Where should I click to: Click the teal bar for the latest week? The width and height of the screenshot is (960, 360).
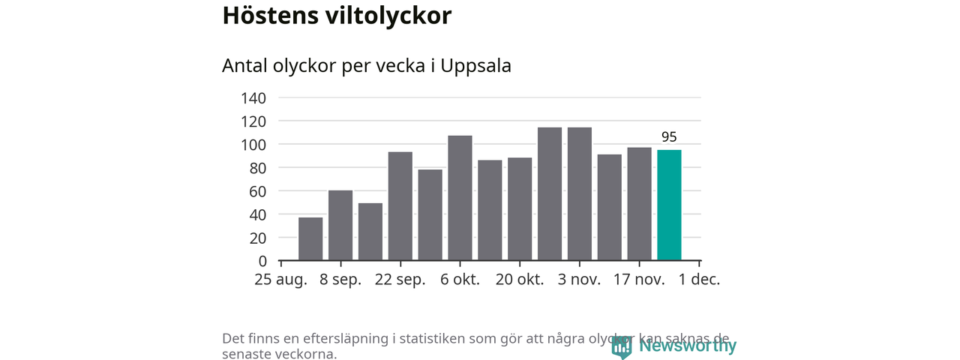(669, 205)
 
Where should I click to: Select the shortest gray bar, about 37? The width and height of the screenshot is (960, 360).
(310, 238)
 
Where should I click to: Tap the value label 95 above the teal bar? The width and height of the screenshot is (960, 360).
(669, 137)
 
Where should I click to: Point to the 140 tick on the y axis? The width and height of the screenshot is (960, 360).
(253, 98)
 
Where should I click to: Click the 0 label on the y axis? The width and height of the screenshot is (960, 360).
(262, 261)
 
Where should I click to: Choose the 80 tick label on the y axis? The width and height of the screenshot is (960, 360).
(257, 168)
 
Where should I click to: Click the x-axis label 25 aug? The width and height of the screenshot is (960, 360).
(280, 280)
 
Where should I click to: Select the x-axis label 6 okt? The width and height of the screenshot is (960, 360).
(460, 280)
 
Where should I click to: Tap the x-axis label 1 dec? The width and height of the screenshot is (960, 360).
(699, 280)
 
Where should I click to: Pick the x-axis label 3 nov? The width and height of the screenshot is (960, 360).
(580, 280)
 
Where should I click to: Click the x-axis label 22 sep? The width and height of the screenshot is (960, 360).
(400, 280)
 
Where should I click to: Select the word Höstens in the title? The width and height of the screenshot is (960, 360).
(267, 16)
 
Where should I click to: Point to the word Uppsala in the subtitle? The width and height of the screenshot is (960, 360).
(476, 66)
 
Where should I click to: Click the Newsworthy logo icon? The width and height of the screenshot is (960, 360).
(622, 346)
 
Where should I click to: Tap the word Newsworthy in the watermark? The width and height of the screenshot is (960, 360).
(688, 346)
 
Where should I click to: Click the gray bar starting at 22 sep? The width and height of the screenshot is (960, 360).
(400, 206)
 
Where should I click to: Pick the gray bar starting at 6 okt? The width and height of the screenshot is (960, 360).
(460, 198)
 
